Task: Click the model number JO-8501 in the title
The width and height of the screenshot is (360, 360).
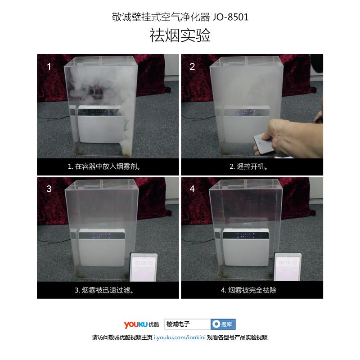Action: click(230, 17)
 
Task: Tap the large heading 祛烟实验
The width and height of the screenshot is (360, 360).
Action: click(180, 35)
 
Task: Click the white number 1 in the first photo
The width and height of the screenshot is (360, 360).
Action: click(49, 67)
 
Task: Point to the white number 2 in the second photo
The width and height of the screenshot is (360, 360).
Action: click(193, 67)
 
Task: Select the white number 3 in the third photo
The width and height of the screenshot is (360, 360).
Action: click(49, 189)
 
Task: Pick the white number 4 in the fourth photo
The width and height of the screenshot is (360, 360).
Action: click(193, 189)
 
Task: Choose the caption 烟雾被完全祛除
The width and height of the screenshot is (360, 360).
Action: click(252, 290)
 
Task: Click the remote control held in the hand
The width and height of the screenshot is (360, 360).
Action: click(263, 144)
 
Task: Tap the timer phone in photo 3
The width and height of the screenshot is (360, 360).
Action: click(144, 267)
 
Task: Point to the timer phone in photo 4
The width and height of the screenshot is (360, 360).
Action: click(288, 267)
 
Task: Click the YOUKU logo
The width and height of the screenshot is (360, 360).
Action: click(141, 324)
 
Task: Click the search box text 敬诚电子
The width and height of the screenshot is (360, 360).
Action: click(178, 324)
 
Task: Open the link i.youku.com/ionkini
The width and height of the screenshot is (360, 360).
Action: click(180, 337)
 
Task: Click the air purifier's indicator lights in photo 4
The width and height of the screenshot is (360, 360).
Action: click(246, 236)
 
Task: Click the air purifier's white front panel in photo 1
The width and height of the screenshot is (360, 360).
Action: click(100, 129)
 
